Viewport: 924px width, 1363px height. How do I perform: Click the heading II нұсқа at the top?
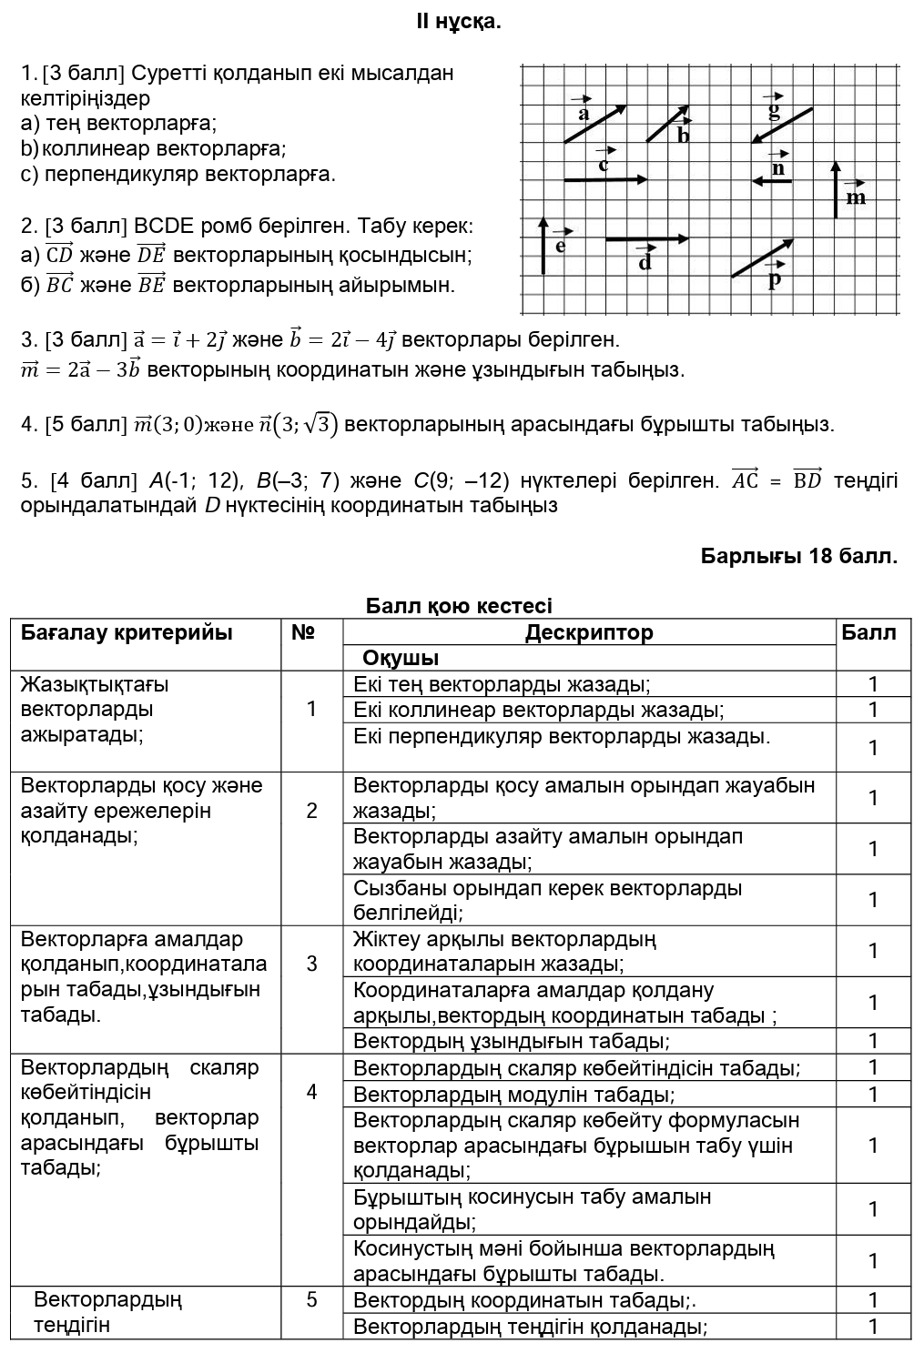tap(459, 21)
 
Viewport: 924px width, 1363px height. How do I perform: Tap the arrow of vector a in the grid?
tap(595, 124)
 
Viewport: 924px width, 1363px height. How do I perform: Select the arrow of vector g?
tap(781, 125)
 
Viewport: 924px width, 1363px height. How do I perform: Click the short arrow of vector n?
tap(772, 181)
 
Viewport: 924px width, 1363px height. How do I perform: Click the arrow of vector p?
tap(762, 258)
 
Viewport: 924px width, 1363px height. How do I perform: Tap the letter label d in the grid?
tap(645, 263)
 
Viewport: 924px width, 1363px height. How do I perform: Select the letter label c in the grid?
tap(603, 165)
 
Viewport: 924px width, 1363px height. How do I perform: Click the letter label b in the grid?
tap(684, 136)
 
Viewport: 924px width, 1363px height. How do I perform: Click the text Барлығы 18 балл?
tap(798, 556)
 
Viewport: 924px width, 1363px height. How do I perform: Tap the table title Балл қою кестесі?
tap(459, 606)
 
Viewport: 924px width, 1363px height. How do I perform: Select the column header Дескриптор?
tap(589, 632)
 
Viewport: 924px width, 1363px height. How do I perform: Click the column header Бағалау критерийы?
tap(127, 632)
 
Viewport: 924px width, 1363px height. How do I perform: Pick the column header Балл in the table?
tap(868, 632)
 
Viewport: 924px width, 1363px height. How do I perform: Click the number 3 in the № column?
tap(311, 964)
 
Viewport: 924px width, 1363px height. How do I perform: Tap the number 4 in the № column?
tap(311, 1092)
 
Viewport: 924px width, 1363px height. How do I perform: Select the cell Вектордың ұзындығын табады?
tap(512, 1041)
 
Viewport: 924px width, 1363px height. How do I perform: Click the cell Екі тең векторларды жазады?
tap(502, 684)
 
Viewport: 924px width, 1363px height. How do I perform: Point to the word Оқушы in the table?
tap(401, 658)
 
